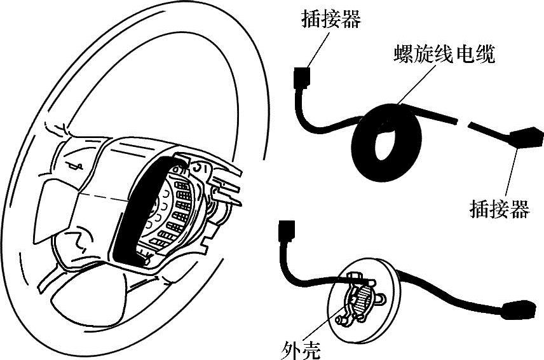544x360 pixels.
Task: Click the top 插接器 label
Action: (330, 20)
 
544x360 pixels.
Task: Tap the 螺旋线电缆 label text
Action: (444, 54)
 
